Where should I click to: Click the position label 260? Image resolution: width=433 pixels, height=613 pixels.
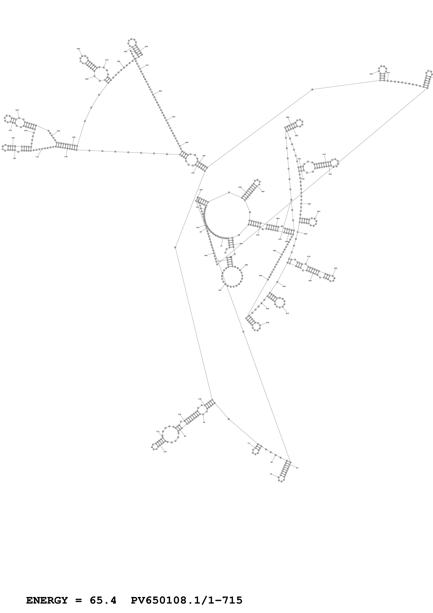pyautogui.click(x=78, y=49)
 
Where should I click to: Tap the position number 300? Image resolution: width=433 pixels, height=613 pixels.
pyautogui.click(x=146, y=46)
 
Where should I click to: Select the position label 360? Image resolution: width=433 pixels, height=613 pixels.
pyautogui.click(x=371, y=74)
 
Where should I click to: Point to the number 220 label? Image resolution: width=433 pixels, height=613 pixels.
pyautogui.click(x=17, y=110)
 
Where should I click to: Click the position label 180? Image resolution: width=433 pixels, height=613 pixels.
pyautogui.click(x=14, y=158)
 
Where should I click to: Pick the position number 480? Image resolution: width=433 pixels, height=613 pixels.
pyautogui.click(x=288, y=117)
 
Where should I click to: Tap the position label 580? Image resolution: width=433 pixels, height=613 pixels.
pyautogui.click(x=336, y=268)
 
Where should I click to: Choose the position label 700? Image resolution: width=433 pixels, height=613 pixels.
pyautogui.click(x=220, y=290)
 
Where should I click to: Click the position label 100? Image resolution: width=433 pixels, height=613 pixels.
pyautogui.click(x=165, y=452)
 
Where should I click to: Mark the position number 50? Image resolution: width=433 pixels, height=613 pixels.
pyautogui.click(x=271, y=474)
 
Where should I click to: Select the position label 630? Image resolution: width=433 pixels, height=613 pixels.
pyautogui.click(x=268, y=323)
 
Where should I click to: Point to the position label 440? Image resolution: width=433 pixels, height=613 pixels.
pyautogui.click(x=263, y=191)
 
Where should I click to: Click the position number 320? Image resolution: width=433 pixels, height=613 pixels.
pyautogui.click(x=160, y=91)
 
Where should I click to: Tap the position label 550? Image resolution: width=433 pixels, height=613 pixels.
pyautogui.click(x=319, y=211)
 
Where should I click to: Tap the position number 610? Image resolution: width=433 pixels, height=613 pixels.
pyautogui.click(x=287, y=313)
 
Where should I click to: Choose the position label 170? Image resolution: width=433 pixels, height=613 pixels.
pyautogui.click(x=37, y=157)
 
